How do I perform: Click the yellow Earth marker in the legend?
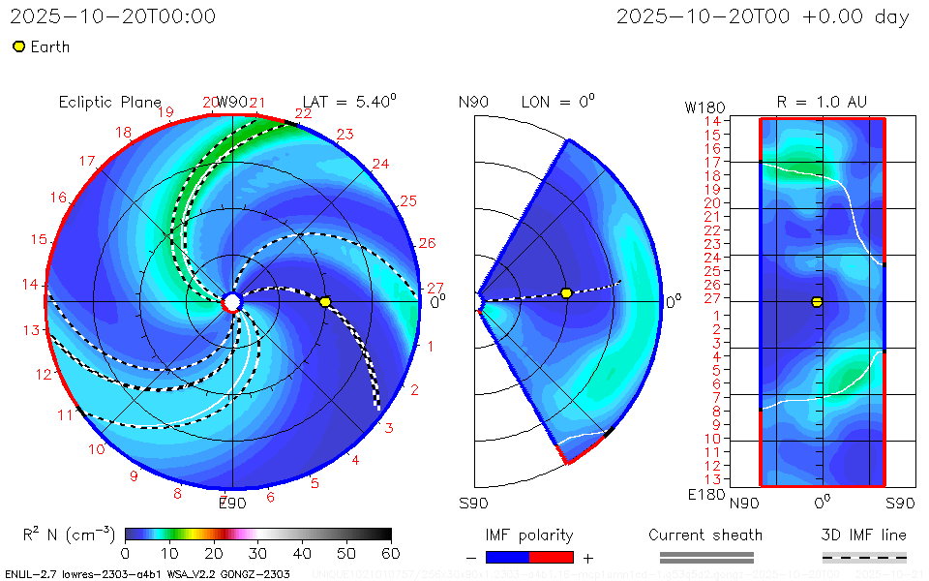click(18, 46)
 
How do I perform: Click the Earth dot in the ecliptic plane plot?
click(325, 302)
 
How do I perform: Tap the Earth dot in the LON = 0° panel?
click(566, 293)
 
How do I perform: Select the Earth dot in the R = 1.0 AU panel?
click(817, 302)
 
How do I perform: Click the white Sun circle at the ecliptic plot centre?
click(232, 302)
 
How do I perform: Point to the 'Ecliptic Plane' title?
click(109, 102)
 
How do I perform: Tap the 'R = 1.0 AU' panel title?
click(822, 102)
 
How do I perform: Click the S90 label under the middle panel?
click(474, 503)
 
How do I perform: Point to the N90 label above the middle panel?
click(474, 102)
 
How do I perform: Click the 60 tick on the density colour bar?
click(391, 554)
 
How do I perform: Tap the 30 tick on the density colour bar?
click(257, 554)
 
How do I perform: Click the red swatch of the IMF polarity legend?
click(552, 557)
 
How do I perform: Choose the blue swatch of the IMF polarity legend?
click(508, 557)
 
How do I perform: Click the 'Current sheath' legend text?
click(705, 535)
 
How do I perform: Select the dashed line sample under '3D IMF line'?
click(864, 557)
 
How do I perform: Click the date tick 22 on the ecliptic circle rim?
click(304, 113)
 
